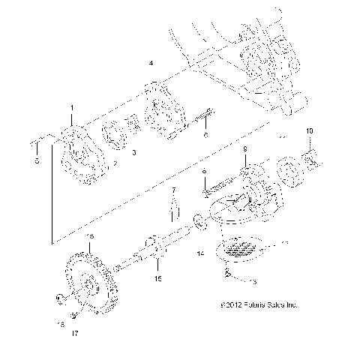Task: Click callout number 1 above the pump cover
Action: coord(73,109)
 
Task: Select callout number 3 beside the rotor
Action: coord(133,152)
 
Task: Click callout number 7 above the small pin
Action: coord(172,190)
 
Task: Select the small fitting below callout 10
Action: coord(313,160)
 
